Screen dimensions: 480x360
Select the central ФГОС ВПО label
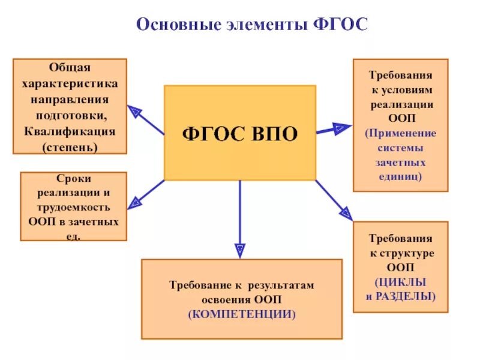point(240,133)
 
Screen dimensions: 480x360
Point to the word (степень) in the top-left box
point(70,146)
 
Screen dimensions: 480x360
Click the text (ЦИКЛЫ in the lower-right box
point(400,281)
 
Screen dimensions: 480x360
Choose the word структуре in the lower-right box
point(406,253)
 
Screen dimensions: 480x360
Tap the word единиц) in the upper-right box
point(400,176)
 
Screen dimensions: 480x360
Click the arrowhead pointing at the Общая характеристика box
point(134,111)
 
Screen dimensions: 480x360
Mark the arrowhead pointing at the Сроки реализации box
point(134,202)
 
